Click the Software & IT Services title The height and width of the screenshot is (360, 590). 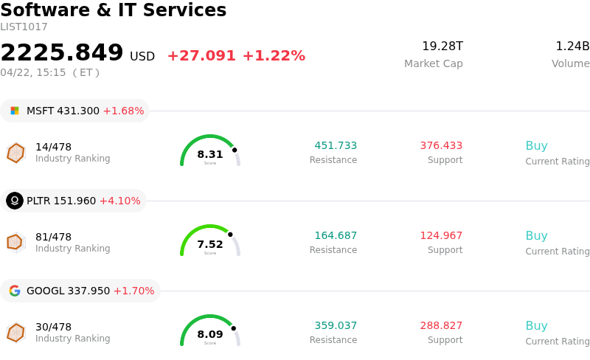point(114,10)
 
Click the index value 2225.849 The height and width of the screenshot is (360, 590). point(62,53)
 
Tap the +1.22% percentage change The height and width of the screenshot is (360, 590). point(274,56)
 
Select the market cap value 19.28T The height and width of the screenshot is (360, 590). point(442,46)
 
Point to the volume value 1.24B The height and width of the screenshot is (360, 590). point(572,46)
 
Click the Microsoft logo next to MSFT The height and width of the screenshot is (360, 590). point(15,111)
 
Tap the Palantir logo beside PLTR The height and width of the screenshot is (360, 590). point(15,201)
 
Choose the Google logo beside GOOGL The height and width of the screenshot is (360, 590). point(15,291)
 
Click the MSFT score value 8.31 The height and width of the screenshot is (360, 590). point(210,154)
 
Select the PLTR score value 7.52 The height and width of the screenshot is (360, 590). point(210,244)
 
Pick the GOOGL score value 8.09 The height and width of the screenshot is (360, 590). point(210,334)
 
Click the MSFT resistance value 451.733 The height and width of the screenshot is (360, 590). point(336,145)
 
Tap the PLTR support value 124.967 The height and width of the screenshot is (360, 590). point(441,235)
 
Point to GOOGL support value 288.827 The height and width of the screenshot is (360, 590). point(441,325)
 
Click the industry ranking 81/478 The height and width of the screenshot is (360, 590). point(53,237)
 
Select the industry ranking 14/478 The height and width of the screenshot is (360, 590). point(53,147)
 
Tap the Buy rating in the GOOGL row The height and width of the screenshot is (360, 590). point(536,325)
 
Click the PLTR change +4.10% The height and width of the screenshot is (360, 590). point(119,201)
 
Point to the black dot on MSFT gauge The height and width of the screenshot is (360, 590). point(235,150)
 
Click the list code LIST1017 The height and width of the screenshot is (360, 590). point(24,27)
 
